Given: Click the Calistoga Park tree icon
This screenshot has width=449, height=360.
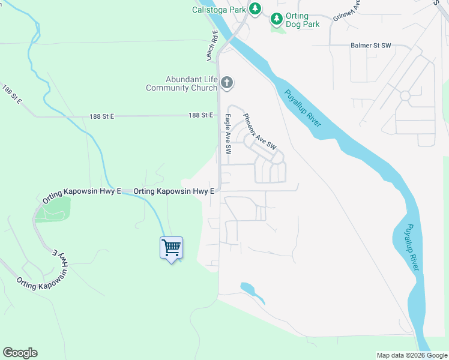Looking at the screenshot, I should pyautogui.click(x=255, y=8).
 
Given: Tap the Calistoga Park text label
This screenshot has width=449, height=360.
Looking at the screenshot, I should pyautogui.click(x=219, y=10).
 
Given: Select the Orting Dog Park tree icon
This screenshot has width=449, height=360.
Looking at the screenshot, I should pyautogui.click(x=276, y=19).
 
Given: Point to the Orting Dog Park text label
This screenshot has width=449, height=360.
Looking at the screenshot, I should pyautogui.click(x=303, y=20).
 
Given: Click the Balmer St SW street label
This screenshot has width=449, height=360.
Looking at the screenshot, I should pyautogui.click(x=371, y=46).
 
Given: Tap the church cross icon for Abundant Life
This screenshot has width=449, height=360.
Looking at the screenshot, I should pyautogui.click(x=226, y=83).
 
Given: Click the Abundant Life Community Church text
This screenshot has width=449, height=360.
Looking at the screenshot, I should pyautogui.click(x=182, y=83).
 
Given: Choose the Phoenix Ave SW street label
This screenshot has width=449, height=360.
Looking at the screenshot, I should pyautogui.click(x=259, y=131).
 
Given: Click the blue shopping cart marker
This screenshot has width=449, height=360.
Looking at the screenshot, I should pyautogui.click(x=171, y=248).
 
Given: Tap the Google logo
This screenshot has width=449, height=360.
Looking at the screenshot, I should pyautogui.click(x=20, y=353).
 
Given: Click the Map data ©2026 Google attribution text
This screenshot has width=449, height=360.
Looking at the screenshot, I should pyautogui.click(x=411, y=355).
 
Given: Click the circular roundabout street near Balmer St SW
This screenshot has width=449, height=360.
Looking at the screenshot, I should pyautogui.click(x=405, y=95).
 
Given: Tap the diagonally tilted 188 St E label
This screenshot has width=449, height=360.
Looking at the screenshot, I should pyautogui.click(x=11, y=95).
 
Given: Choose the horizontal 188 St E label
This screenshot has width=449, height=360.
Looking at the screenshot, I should pyautogui.click(x=200, y=115).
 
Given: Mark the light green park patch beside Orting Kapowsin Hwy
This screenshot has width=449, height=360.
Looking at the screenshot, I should pyautogui.click(x=53, y=209).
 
